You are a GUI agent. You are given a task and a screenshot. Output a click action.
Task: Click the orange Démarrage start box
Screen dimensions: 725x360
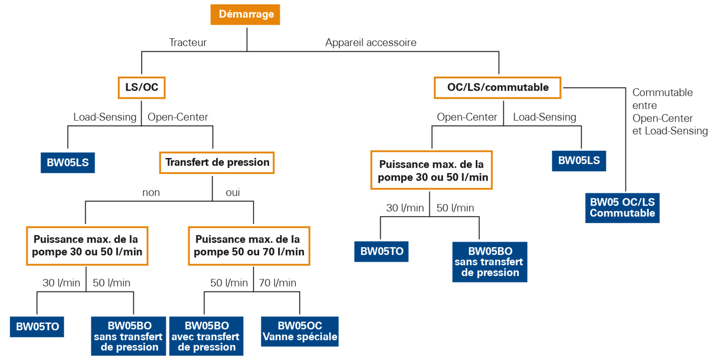click(245, 15)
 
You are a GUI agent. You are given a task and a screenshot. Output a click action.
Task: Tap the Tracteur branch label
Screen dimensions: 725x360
click(188, 42)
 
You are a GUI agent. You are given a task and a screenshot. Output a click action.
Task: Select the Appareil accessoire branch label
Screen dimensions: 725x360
click(371, 42)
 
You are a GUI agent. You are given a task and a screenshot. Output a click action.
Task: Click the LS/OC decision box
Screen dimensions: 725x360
click(142, 87)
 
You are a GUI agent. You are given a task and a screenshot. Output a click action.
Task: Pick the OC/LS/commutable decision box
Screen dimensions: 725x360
click(498, 87)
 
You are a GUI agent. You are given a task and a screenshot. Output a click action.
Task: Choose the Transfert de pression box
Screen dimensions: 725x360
click(217, 162)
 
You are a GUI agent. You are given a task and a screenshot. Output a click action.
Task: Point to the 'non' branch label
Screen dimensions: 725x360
click(151, 193)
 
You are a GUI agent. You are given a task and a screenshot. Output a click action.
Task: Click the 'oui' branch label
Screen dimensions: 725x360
click(233, 193)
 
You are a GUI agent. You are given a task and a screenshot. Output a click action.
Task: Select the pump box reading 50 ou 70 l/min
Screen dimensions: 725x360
click(249, 246)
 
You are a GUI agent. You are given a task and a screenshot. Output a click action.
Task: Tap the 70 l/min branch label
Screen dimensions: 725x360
click(278, 283)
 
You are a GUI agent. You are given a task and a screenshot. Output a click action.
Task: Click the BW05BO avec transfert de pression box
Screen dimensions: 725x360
click(206, 336)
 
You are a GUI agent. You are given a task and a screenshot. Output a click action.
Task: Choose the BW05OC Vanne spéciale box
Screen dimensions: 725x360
click(300, 331)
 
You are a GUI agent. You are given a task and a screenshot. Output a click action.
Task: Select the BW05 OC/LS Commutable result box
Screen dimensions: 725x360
click(622, 208)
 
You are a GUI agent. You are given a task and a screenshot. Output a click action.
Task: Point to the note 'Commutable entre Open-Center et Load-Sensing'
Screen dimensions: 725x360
click(670, 112)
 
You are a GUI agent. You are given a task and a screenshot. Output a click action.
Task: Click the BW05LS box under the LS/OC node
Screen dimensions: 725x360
click(68, 162)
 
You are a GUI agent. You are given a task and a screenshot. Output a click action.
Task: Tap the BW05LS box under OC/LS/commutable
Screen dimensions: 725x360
click(579, 161)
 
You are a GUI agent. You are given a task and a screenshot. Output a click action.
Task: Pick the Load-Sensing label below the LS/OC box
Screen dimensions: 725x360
click(105, 117)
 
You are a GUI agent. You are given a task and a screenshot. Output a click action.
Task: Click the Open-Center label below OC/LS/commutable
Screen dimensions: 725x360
click(467, 117)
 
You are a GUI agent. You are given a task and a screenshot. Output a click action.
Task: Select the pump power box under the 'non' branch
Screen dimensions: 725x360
click(87, 246)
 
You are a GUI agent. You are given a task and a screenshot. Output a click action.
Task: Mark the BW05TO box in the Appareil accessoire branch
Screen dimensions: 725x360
click(381, 251)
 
